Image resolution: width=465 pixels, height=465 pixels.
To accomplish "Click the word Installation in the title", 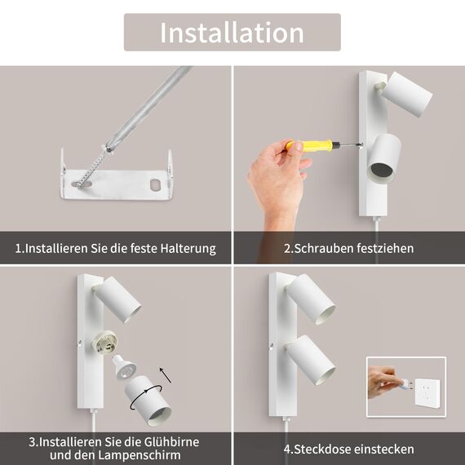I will click(x=232, y=33).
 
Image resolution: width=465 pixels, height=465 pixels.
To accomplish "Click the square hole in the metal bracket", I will click(x=154, y=184).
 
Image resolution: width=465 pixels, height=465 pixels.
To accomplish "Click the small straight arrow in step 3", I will click(x=166, y=374).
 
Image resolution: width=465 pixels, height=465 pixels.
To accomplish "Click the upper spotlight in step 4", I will click(x=312, y=299).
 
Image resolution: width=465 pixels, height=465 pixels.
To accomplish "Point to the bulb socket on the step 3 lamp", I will click(x=106, y=342).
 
